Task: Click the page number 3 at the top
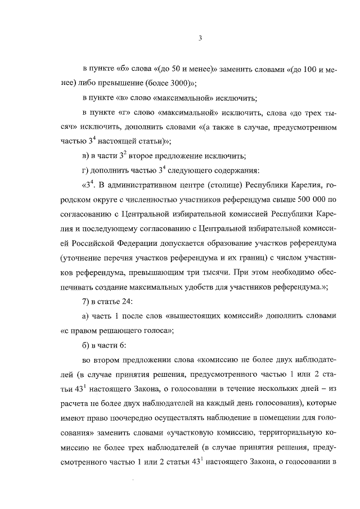pyautogui.click(x=200, y=38)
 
